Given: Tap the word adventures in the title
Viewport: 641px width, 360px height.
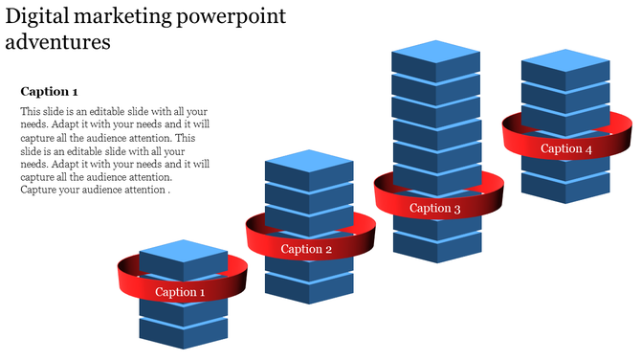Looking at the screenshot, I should (x=57, y=43).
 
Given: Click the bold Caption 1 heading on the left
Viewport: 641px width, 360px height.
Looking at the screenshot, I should (x=49, y=92).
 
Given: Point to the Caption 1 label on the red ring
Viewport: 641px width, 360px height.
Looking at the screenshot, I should (x=181, y=292).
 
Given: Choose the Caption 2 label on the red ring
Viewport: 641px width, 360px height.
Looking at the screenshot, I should (x=306, y=250).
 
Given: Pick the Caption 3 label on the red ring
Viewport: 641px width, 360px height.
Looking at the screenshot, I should (x=435, y=209).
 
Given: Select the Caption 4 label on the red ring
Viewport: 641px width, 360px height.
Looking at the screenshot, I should (x=566, y=148).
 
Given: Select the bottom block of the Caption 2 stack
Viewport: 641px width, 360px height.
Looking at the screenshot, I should (x=308, y=287).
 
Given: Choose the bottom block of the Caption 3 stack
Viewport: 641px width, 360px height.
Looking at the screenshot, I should (x=435, y=246).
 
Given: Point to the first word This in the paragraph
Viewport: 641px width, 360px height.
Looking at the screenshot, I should (x=31, y=111).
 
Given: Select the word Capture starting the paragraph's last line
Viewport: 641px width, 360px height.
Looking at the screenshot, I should (x=41, y=191).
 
